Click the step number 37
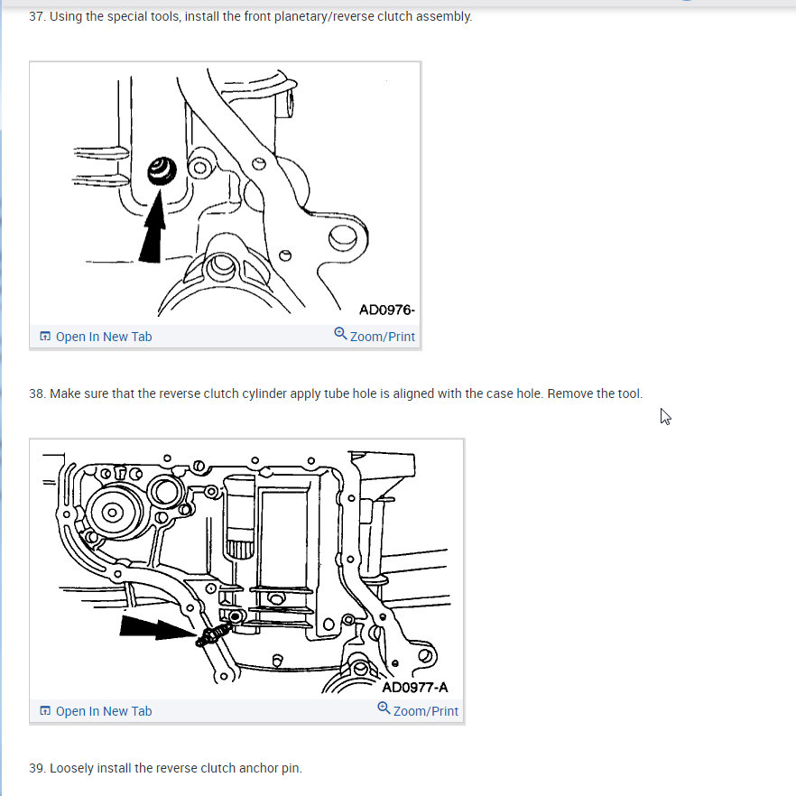coord(37,17)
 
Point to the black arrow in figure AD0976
coord(153,227)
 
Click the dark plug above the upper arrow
coord(162,171)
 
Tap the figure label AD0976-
coord(387,310)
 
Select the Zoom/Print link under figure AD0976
coord(383,337)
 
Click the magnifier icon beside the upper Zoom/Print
coord(340,334)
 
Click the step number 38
coord(37,393)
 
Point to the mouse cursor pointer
coord(665,416)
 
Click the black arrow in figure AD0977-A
coord(158,628)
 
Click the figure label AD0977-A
coord(415,688)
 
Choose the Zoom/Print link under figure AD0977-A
coord(425,711)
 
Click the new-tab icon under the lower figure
coord(45,711)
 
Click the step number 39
coord(37,769)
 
